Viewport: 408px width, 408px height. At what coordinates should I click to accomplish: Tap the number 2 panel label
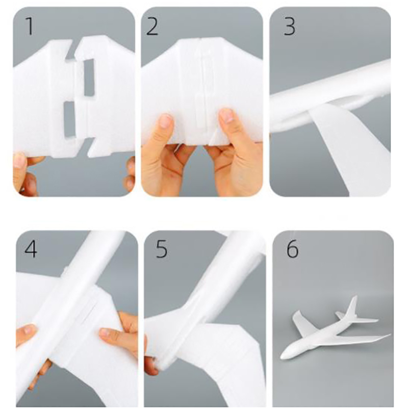[x=152, y=27]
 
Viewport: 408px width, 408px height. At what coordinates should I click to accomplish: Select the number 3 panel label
[x=289, y=27]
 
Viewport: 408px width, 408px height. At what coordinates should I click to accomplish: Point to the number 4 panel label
[x=31, y=248]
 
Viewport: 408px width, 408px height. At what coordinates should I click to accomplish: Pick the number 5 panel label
[x=161, y=249]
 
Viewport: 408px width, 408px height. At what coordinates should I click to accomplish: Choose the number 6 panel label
[x=292, y=249]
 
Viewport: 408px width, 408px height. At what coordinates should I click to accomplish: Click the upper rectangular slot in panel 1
[x=89, y=77]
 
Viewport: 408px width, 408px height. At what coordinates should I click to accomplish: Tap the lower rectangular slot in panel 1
[x=69, y=119]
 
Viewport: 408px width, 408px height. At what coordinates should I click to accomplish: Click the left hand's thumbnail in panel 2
[x=166, y=121]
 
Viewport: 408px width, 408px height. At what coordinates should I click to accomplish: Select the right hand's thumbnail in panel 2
[x=227, y=115]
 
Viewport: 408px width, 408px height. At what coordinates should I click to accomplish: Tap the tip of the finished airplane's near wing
[x=389, y=335]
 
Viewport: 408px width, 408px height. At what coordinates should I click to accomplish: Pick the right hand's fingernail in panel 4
[x=106, y=332]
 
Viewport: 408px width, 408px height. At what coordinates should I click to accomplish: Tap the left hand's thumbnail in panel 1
[x=18, y=160]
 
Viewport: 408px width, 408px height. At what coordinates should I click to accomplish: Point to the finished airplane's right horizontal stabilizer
[x=366, y=320]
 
